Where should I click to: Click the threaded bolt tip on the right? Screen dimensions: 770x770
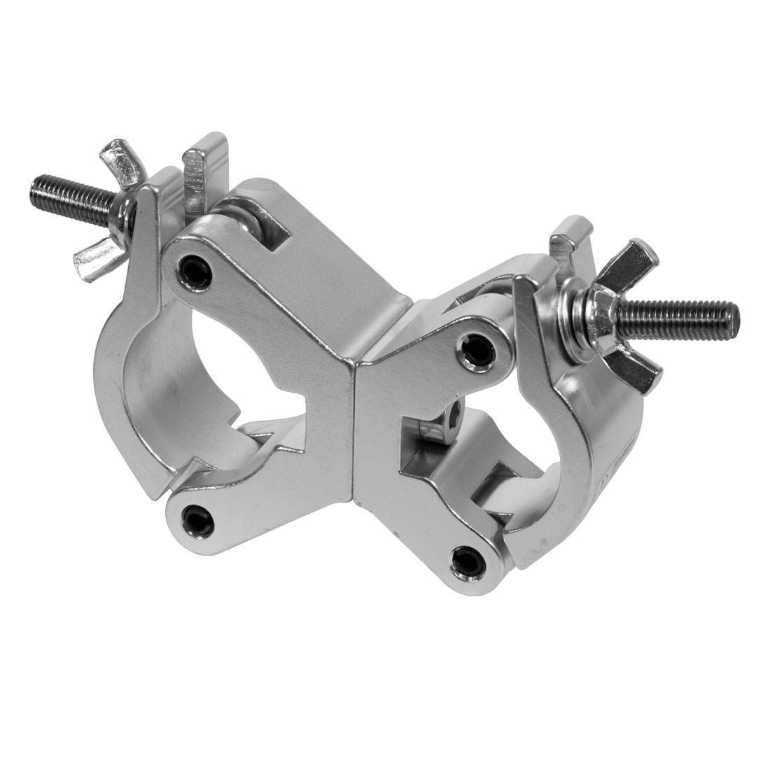(728, 309)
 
